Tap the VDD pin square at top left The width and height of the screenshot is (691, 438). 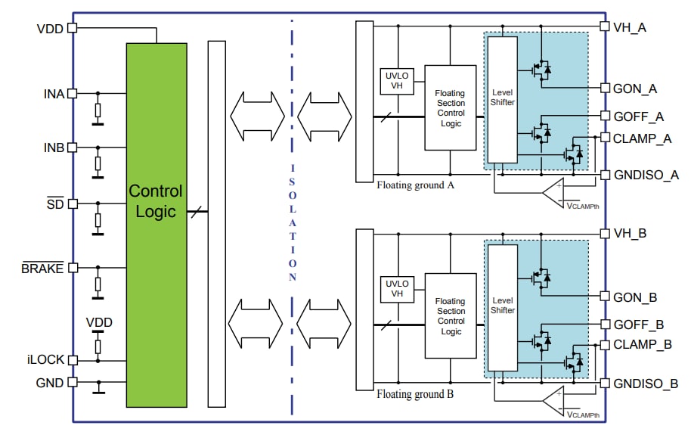point(73,28)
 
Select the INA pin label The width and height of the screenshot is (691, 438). point(54,94)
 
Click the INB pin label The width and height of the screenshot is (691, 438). point(54,147)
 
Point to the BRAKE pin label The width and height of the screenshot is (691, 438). point(42,269)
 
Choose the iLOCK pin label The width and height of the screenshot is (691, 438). point(45,359)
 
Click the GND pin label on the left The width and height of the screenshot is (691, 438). point(50,383)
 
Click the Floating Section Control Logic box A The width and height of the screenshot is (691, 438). point(450,107)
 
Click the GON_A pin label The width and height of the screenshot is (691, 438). point(636,89)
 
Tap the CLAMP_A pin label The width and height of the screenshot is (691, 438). point(643,138)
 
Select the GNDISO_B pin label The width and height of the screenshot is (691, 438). point(646,384)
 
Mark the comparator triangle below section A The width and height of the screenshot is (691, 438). point(555,192)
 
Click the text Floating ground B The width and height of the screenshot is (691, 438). point(415,394)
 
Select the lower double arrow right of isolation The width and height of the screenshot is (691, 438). point(324,322)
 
